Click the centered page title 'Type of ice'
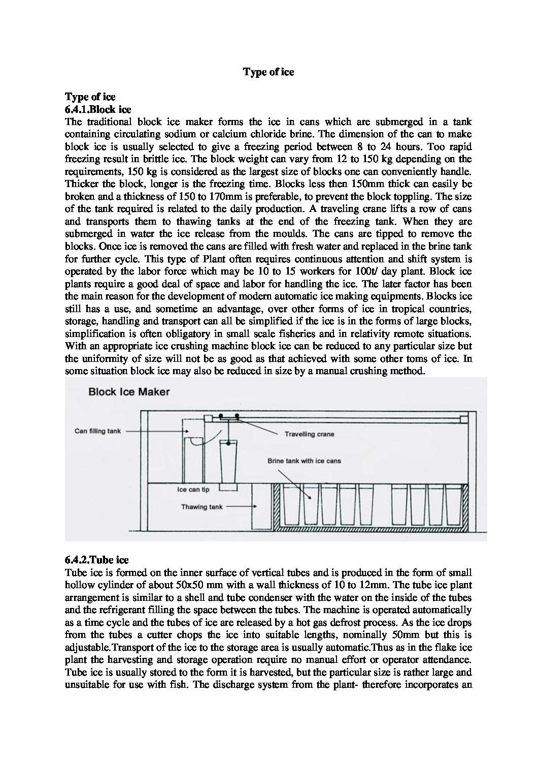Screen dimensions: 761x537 pyautogui.click(x=268, y=72)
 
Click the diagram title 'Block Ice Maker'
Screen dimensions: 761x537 pyautogui.click(x=122, y=392)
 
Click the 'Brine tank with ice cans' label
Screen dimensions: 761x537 pyautogui.click(x=304, y=461)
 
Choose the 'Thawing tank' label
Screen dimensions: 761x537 pyautogui.click(x=202, y=507)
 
